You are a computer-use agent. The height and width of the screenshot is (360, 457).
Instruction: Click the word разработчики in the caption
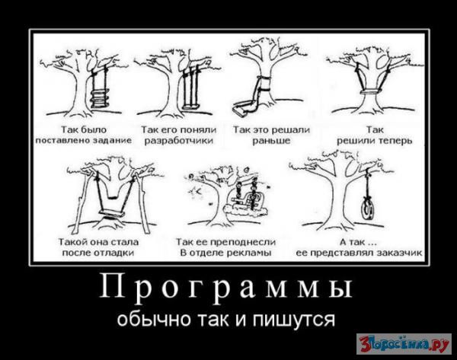coord(179,141)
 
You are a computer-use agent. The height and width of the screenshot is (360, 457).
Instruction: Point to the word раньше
coord(271,141)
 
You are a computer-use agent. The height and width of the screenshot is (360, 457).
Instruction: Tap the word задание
coord(112,140)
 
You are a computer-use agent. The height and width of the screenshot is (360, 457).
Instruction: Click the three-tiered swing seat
coord(100,99)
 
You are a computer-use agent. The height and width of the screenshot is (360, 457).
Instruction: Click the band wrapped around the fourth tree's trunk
coord(372,92)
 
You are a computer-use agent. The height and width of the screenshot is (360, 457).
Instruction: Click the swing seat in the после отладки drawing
coord(112,213)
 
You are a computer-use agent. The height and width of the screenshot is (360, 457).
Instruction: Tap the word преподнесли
coord(242,242)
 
